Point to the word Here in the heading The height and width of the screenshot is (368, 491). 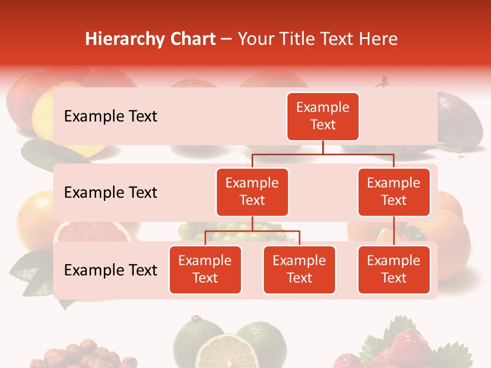[378, 39]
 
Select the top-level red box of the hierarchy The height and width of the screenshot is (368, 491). [323, 116]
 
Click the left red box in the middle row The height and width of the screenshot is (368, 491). [252, 192]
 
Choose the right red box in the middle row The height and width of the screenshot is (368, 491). [394, 192]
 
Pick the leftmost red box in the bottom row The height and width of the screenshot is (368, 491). [205, 269]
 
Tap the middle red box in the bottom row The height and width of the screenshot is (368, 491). [299, 269]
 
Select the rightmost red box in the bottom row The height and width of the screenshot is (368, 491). [394, 269]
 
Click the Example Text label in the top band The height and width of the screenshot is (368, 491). [110, 117]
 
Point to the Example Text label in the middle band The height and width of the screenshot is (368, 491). [110, 193]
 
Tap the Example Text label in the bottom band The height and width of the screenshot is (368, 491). [110, 270]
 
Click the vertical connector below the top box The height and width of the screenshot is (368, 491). [323, 147]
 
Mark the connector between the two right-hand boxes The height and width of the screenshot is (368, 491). [394, 231]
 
